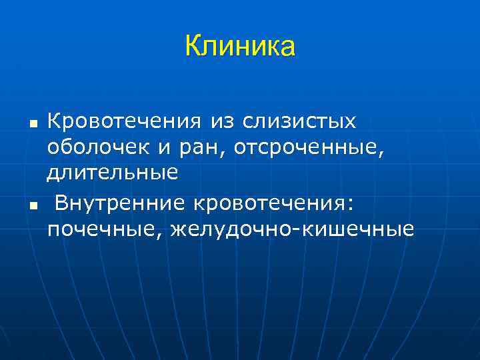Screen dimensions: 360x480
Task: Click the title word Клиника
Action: point(239,46)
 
